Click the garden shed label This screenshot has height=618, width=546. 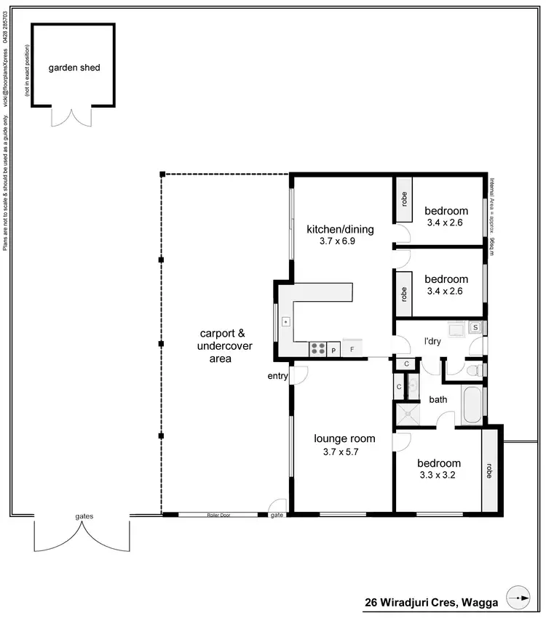[74, 68]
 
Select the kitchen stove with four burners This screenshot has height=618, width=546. [318, 349]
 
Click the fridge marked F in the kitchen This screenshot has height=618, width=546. [352, 349]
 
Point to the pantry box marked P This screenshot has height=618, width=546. [334, 350]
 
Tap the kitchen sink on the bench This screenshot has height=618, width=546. [286, 321]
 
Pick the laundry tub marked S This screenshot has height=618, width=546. [475, 327]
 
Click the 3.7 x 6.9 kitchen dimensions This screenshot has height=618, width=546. [339, 241]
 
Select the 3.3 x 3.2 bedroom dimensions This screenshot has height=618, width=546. [438, 475]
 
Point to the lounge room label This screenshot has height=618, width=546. [344, 438]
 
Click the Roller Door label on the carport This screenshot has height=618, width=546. [218, 514]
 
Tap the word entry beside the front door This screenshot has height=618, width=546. [277, 375]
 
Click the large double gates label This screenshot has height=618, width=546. [84, 516]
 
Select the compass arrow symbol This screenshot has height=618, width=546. [519, 598]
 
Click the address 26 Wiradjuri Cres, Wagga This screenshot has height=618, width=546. [430, 603]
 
